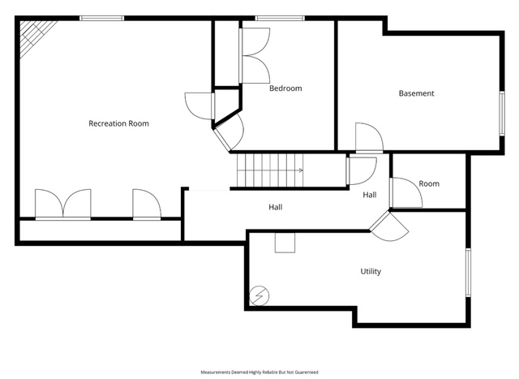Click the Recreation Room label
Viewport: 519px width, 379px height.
pyautogui.click(x=119, y=123)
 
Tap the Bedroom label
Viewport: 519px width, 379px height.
pyautogui.click(x=285, y=88)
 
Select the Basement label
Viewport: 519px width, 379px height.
pyautogui.click(x=416, y=93)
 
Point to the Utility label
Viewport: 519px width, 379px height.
pyautogui.click(x=371, y=272)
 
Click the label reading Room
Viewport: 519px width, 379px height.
pyautogui.click(x=429, y=183)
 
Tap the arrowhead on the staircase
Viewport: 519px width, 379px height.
pyautogui.click(x=301, y=170)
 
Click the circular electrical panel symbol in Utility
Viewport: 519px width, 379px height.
pyautogui.click(x=259, y=295)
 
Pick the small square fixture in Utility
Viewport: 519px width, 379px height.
pyautogui.click(x=285, y=243)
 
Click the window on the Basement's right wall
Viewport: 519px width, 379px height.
pyautogui.click(x=502, y=114)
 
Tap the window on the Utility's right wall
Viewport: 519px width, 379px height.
pyautogui.click(x=469, y=273)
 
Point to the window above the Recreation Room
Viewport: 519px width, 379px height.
pyautogui.click(x=102, y=18)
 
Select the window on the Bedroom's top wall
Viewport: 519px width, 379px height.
pyautogui.click(x=280, y=18)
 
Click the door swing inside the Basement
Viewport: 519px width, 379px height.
pyautogui.click(x=370, y=138)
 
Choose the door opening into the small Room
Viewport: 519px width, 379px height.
pyautogui.click(x=406, y=192)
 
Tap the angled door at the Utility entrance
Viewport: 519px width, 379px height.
pyautogui.click(x=389, y=226)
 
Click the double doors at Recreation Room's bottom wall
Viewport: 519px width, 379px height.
pyautogui.click(x=63, y=205)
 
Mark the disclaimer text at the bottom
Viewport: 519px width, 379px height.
pyautogui.click(x=259, y=373)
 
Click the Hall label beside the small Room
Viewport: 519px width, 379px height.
pyautogui.click(x=370, y=195)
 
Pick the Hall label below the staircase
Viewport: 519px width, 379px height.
pyautogui.click(x=276, y=208)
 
